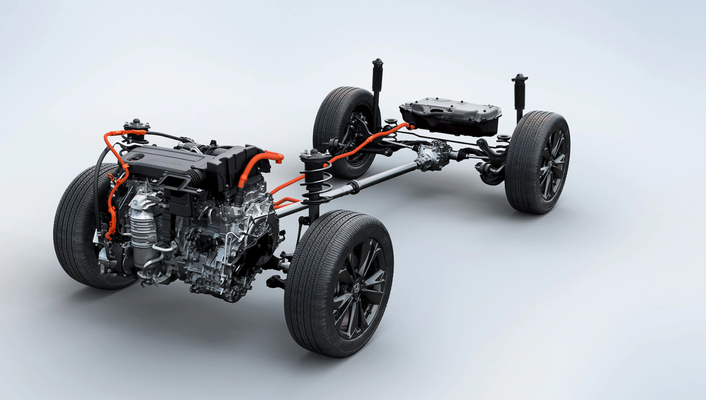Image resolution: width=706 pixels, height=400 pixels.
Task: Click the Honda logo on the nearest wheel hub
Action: (357, 288)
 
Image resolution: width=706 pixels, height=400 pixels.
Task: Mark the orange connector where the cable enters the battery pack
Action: (410, 126)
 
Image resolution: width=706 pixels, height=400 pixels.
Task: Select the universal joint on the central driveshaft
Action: (353, 186)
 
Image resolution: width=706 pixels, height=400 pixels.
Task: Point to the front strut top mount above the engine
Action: (136, 125)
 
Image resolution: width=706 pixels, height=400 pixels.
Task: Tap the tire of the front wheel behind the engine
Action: (75, 227)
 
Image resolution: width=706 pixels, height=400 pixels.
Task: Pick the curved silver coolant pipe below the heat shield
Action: (158, 263)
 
